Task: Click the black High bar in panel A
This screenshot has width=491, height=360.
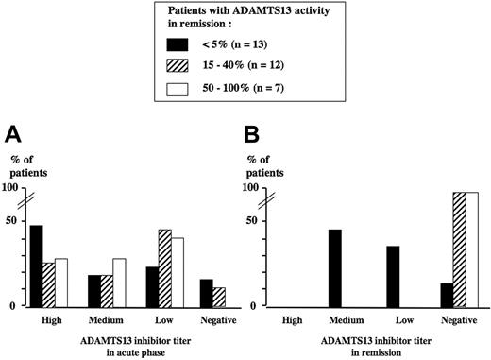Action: (x=37, y=266)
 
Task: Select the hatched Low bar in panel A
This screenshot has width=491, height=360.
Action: (x=164, y=268)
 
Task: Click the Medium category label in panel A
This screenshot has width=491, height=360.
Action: (x=106, y=319)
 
